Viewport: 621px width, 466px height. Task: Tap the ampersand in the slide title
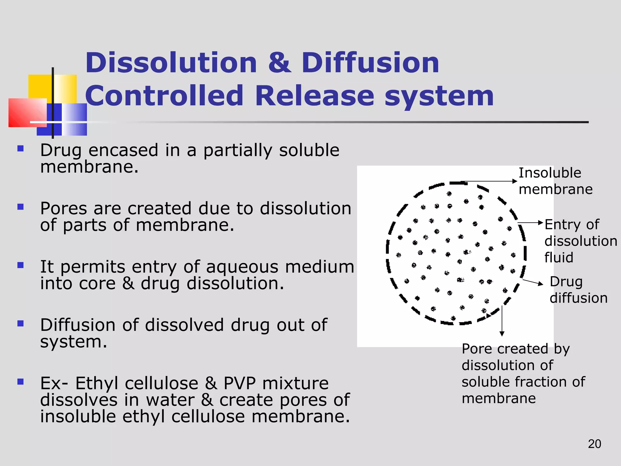(280, 63)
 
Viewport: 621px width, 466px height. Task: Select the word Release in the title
(314, 96)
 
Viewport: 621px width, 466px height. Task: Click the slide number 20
(594, 444)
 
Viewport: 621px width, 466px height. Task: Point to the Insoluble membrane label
(555, 181)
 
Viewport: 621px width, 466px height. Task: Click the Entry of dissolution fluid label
(580, 241)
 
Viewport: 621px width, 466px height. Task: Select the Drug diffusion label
(578, 290)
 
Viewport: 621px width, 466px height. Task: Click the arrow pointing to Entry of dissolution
(531, 223)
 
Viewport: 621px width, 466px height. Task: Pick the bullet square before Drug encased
(21, 149)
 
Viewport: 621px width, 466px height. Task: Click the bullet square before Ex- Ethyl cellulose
(21, 382)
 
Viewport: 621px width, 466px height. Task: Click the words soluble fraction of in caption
(523, 382)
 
